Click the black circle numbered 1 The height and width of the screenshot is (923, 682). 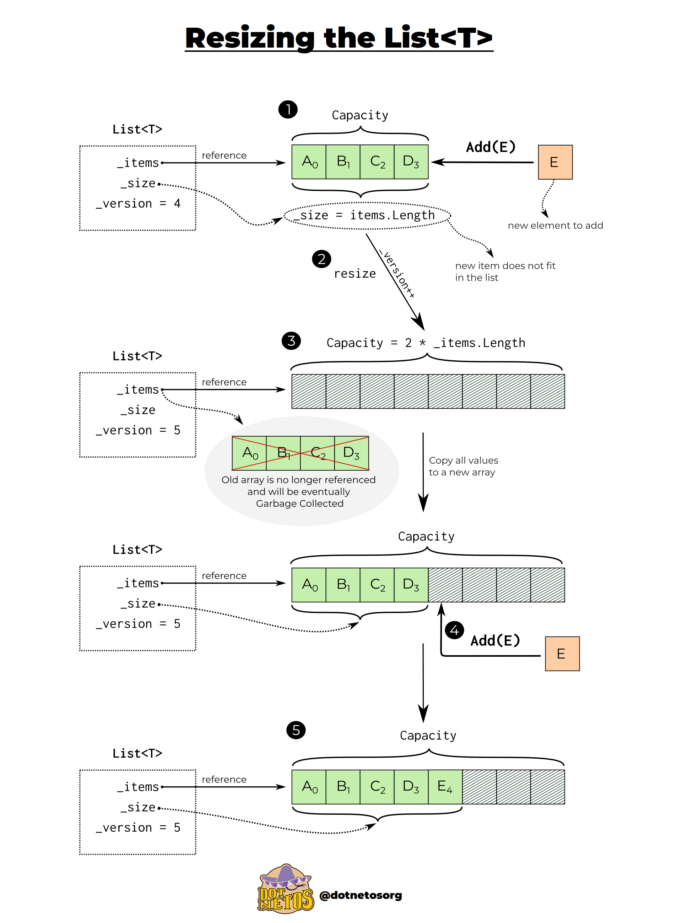click(x=288, y=109)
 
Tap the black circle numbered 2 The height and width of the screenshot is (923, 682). click(x=321, y=259)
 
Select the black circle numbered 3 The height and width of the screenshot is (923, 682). click(x=291, y=341)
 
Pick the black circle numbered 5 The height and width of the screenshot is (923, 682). click(x=296, y=730)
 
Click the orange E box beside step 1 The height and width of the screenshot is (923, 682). click(x=555, y=162)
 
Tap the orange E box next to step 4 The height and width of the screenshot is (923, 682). click(x=562, y=654)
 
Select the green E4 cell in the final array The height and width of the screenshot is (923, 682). click(x=445, y=786)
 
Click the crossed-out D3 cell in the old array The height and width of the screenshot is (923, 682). click(x=351, y=453)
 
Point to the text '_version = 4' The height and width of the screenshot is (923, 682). click(x=138, y=203)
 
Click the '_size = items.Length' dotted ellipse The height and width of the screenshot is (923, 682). click(x=367, y=215)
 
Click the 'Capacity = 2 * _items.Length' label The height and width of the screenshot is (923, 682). click(x=426, y=343)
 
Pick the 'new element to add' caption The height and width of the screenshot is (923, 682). click(x=555, y=225)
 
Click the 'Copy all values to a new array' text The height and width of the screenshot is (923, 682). click(x=463, y=466)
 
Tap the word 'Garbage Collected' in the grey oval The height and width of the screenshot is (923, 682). click(x=299, y=503)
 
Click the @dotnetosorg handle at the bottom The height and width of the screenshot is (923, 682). click(x=361, y=895)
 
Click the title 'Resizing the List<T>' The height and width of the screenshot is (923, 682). click(x=339, y=38)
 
